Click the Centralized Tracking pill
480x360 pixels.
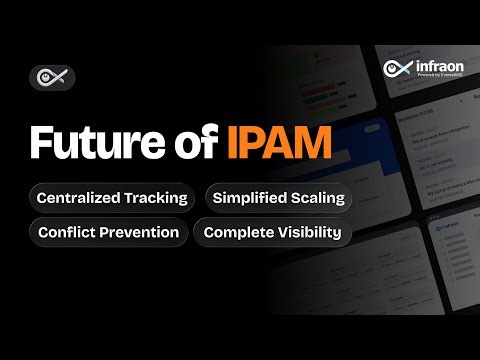[x=112, y=197]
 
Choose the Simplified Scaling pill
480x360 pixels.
[x=278, y=197]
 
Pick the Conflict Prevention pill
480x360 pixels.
[x=108, y=233]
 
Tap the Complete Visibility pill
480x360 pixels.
[x=272, y=233]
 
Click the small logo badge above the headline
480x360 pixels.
[x=51, y=77]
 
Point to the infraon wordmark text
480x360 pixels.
[x=432, y=66]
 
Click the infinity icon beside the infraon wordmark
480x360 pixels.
[x=396, y=68]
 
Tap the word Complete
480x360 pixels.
[x=237, y=233]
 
